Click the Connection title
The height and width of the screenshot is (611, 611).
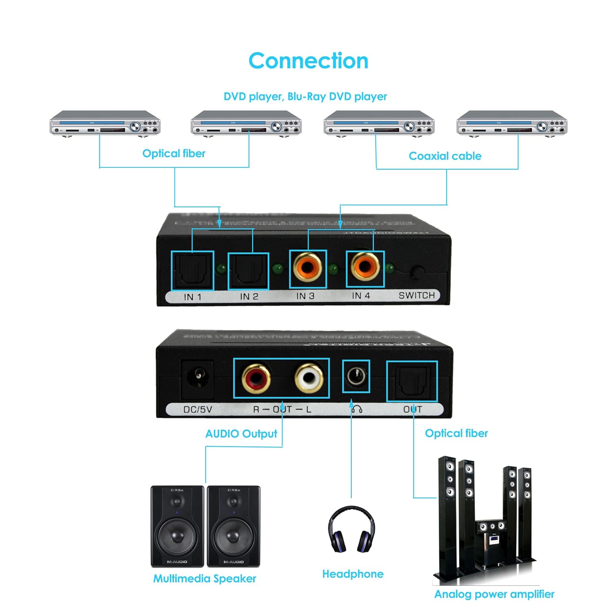(308, 61)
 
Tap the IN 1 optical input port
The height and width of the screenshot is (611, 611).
(192, 270)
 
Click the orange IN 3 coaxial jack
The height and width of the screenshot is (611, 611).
(308, 268)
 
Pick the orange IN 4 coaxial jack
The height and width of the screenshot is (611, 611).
(365, 267)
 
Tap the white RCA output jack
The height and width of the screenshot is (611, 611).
(309, 378)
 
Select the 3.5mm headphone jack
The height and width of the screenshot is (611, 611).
(356, 376)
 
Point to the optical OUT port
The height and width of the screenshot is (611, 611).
(412, 381)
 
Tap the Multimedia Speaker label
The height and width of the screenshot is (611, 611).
(204, 579)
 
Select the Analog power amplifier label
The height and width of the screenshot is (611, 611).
(494, 594)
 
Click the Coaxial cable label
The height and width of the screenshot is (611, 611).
(445, 156)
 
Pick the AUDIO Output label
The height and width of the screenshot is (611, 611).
(241, 434)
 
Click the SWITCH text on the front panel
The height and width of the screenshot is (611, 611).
(417, 295)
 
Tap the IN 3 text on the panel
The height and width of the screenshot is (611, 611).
(305, 296)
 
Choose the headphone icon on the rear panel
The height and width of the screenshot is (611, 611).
(357, 409)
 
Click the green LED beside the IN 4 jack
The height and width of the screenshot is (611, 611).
(390, 268)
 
